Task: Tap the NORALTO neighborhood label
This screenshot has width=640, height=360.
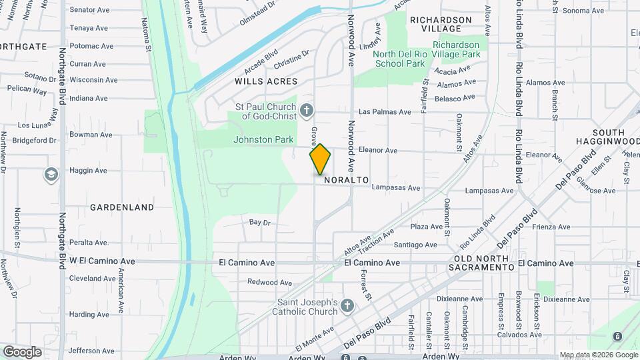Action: click(x=347, y=181)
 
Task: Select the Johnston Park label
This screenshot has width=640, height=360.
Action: click(x=263, y=140)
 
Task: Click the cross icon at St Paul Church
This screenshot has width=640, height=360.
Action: click(x=307, y=110)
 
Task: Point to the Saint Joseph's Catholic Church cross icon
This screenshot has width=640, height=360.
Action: click(x=346, y=306)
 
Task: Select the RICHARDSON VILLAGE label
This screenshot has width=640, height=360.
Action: click(x=436, y=24)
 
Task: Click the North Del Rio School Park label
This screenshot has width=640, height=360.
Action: click(x=399, y=59)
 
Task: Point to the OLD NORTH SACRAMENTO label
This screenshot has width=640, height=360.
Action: click(x=484, y=262)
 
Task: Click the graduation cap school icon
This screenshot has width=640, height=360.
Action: click(x=51, y=175)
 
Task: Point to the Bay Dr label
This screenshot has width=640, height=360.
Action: click(x=259, y=222)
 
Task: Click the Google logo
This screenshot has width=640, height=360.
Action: click(x=22, y=352)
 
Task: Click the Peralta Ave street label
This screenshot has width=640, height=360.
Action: click(x=89, y=243)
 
